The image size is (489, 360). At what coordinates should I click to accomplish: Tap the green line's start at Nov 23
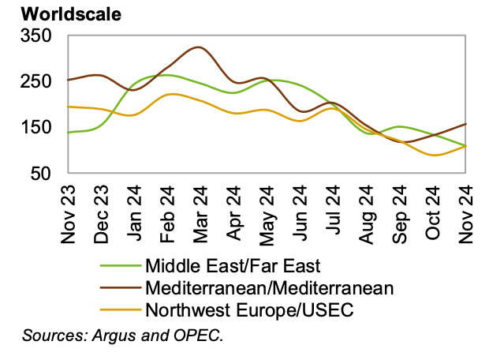coord(69,132)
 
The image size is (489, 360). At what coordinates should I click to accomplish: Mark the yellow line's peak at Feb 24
coord(169,94)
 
